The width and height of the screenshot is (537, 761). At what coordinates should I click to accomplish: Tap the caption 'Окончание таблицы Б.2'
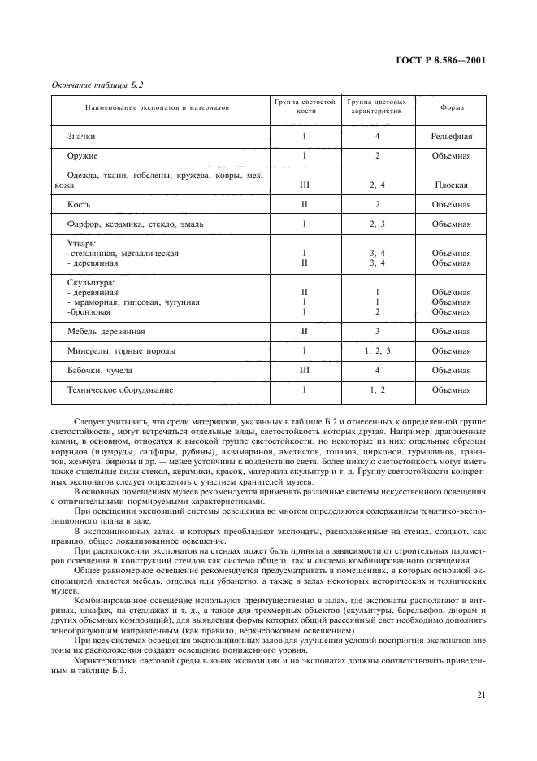(88, 85)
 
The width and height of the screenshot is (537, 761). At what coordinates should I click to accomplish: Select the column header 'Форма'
(452, 107)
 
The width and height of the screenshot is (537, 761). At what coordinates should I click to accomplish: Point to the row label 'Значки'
(82, 137)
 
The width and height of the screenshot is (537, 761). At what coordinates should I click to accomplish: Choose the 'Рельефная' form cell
(452, 137)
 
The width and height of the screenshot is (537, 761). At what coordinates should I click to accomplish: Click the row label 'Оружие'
(83, 155)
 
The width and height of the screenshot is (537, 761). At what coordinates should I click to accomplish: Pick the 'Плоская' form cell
(452, 185)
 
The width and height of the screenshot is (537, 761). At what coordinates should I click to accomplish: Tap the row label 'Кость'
(79, 204)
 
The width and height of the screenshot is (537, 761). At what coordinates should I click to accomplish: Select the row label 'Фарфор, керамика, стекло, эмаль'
(128, 224)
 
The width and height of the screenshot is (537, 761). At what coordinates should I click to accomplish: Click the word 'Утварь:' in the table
(82, 243)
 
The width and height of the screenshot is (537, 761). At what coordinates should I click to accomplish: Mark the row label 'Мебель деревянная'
(106, 332)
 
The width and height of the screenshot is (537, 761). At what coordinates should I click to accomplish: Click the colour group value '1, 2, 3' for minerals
(378, 351)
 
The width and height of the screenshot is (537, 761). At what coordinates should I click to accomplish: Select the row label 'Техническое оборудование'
(120, 390)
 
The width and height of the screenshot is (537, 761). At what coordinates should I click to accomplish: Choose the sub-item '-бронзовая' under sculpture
(88, 312)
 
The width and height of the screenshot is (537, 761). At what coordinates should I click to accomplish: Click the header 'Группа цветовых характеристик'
(377, 107)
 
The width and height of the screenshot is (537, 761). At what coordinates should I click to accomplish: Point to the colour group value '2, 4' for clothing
(377, 185)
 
